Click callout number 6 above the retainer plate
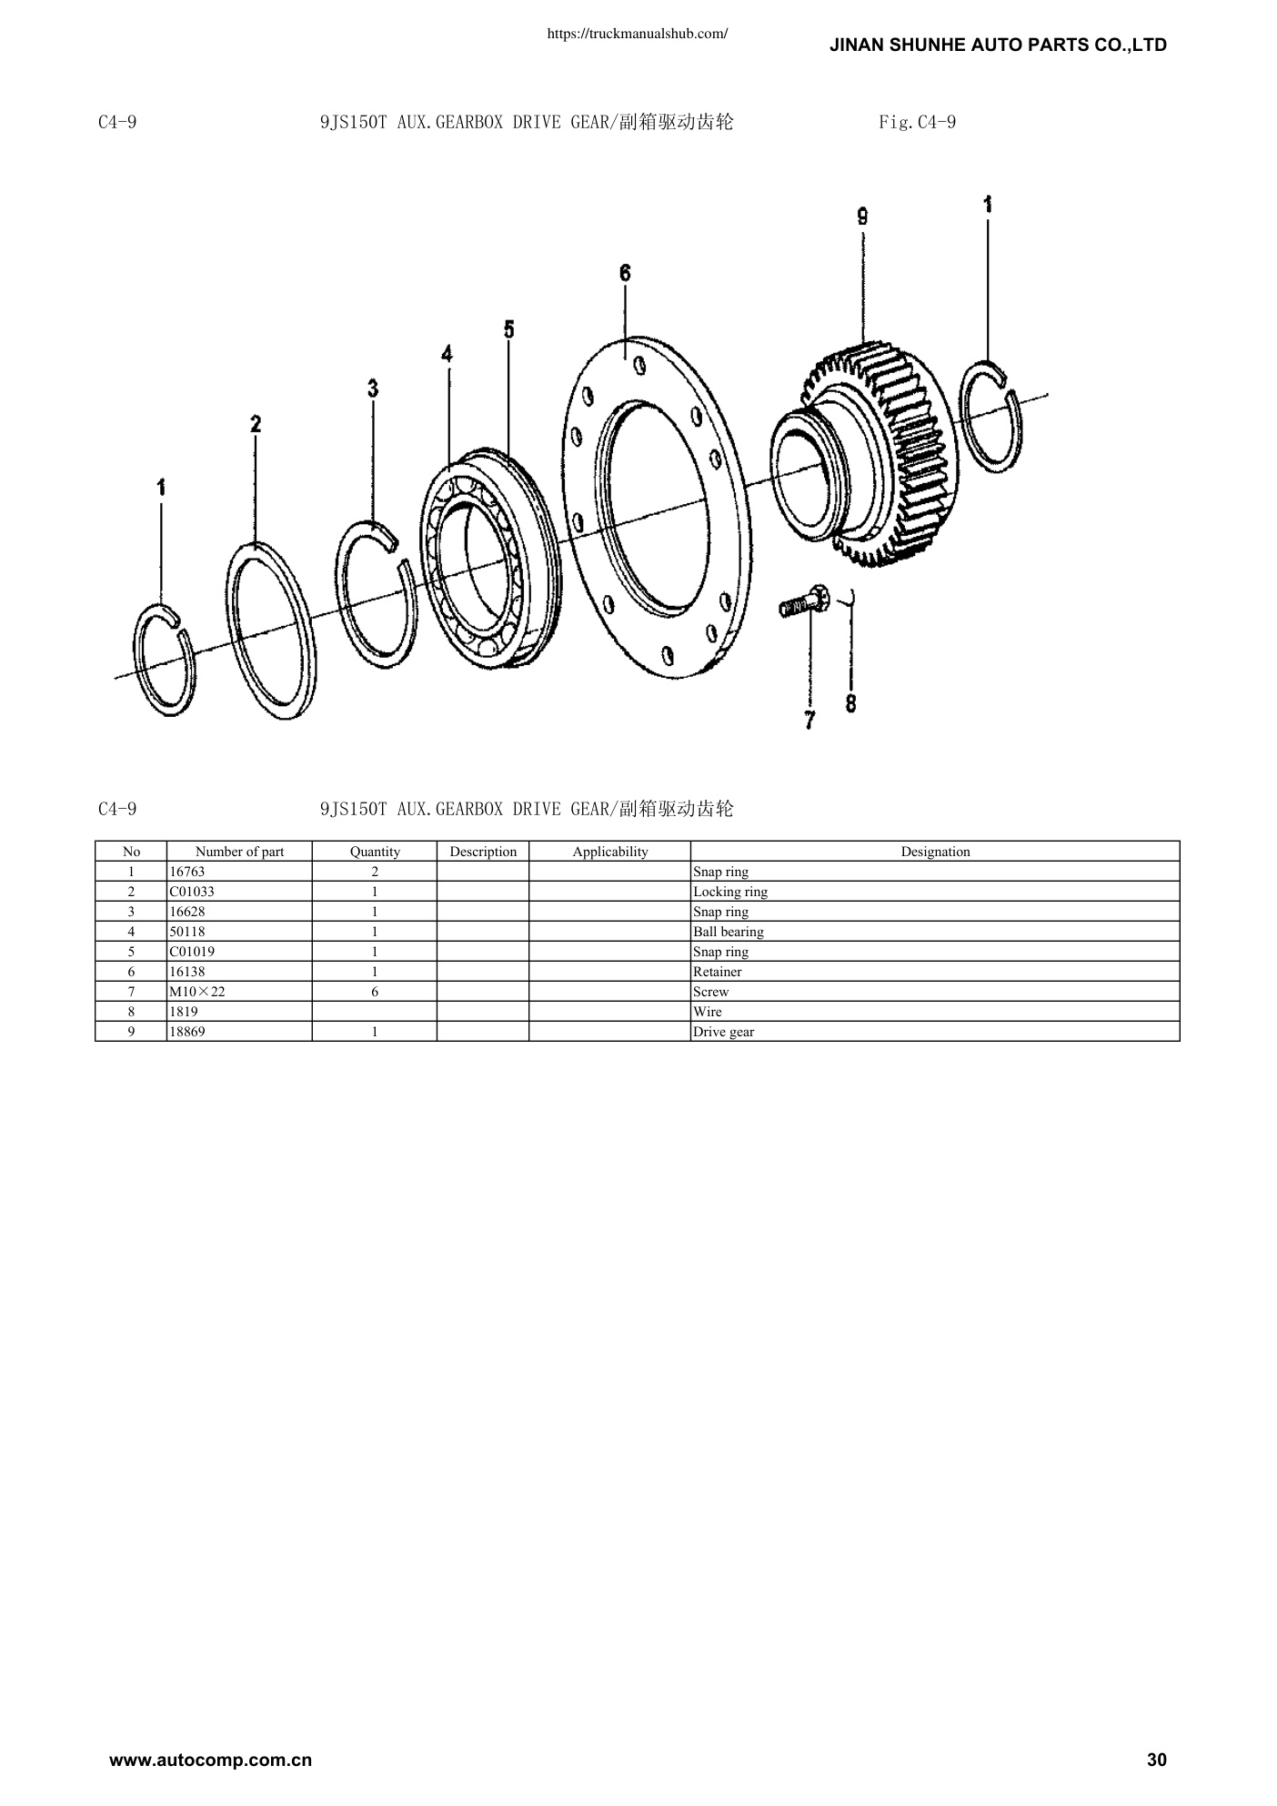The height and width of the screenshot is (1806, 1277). (x=625, y=273)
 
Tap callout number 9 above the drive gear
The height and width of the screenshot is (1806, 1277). (x=862, y=217)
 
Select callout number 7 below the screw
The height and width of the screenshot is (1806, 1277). (x=809, y=720)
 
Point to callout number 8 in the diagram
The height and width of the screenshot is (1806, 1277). (x=850, y=703)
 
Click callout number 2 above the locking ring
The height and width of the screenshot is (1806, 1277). (x=256, y=423)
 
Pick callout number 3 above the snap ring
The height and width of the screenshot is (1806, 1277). (x=373, y=388)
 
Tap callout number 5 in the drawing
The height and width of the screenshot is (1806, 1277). (x=508, y=329)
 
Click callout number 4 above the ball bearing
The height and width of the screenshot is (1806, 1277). (x=447, y=353)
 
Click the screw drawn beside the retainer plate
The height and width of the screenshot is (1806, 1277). (x=803, y=602)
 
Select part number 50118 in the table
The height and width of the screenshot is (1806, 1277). (x=187, y=932)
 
